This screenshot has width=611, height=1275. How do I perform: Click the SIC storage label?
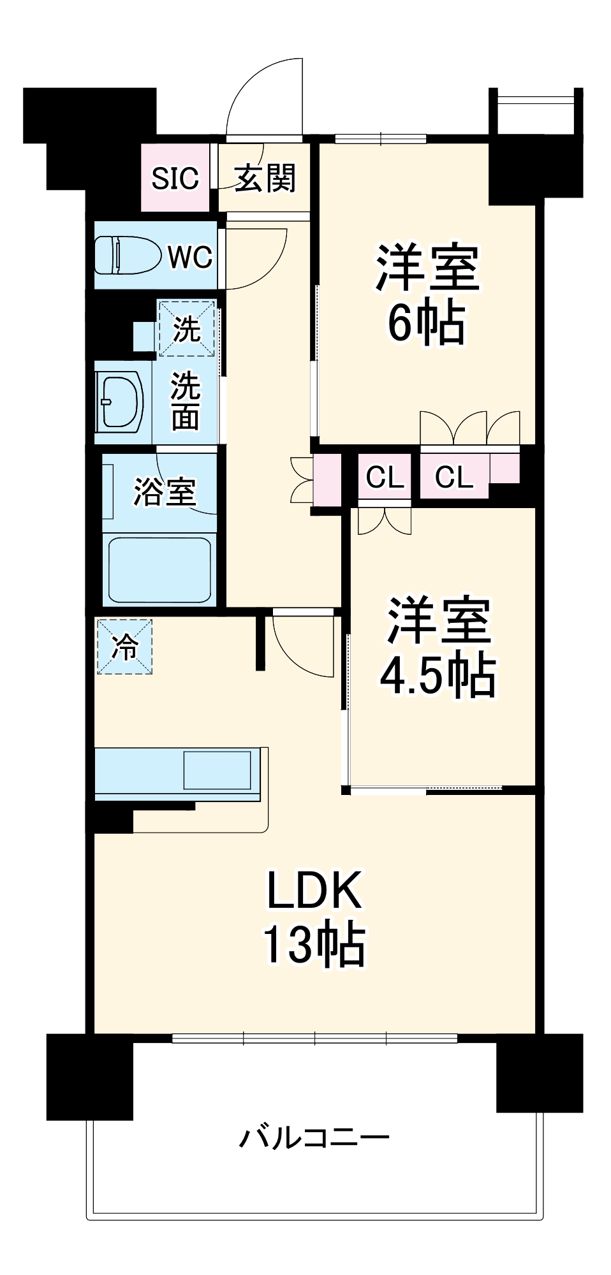tap(175, 178)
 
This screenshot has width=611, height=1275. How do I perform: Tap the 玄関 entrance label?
tap(265, 178)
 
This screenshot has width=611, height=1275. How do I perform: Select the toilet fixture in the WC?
tap(127, 256)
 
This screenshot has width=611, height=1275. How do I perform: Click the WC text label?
tap(190, 258)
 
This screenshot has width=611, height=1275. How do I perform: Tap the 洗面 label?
tap(185, 401)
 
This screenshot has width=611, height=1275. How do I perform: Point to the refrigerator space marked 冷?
tap(124, 646)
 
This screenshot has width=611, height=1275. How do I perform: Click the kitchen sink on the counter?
tap(217, 770)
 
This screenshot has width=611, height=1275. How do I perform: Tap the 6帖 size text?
tap(426, 323)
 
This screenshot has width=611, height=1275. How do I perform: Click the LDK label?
tap(314, 891)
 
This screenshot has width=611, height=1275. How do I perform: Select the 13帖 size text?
tap(314, 944)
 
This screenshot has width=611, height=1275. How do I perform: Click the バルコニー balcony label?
tap(314, 1137)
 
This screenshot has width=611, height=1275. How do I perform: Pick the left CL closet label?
tap(385, 476)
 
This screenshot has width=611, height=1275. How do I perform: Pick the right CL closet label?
tap(454, 476)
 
